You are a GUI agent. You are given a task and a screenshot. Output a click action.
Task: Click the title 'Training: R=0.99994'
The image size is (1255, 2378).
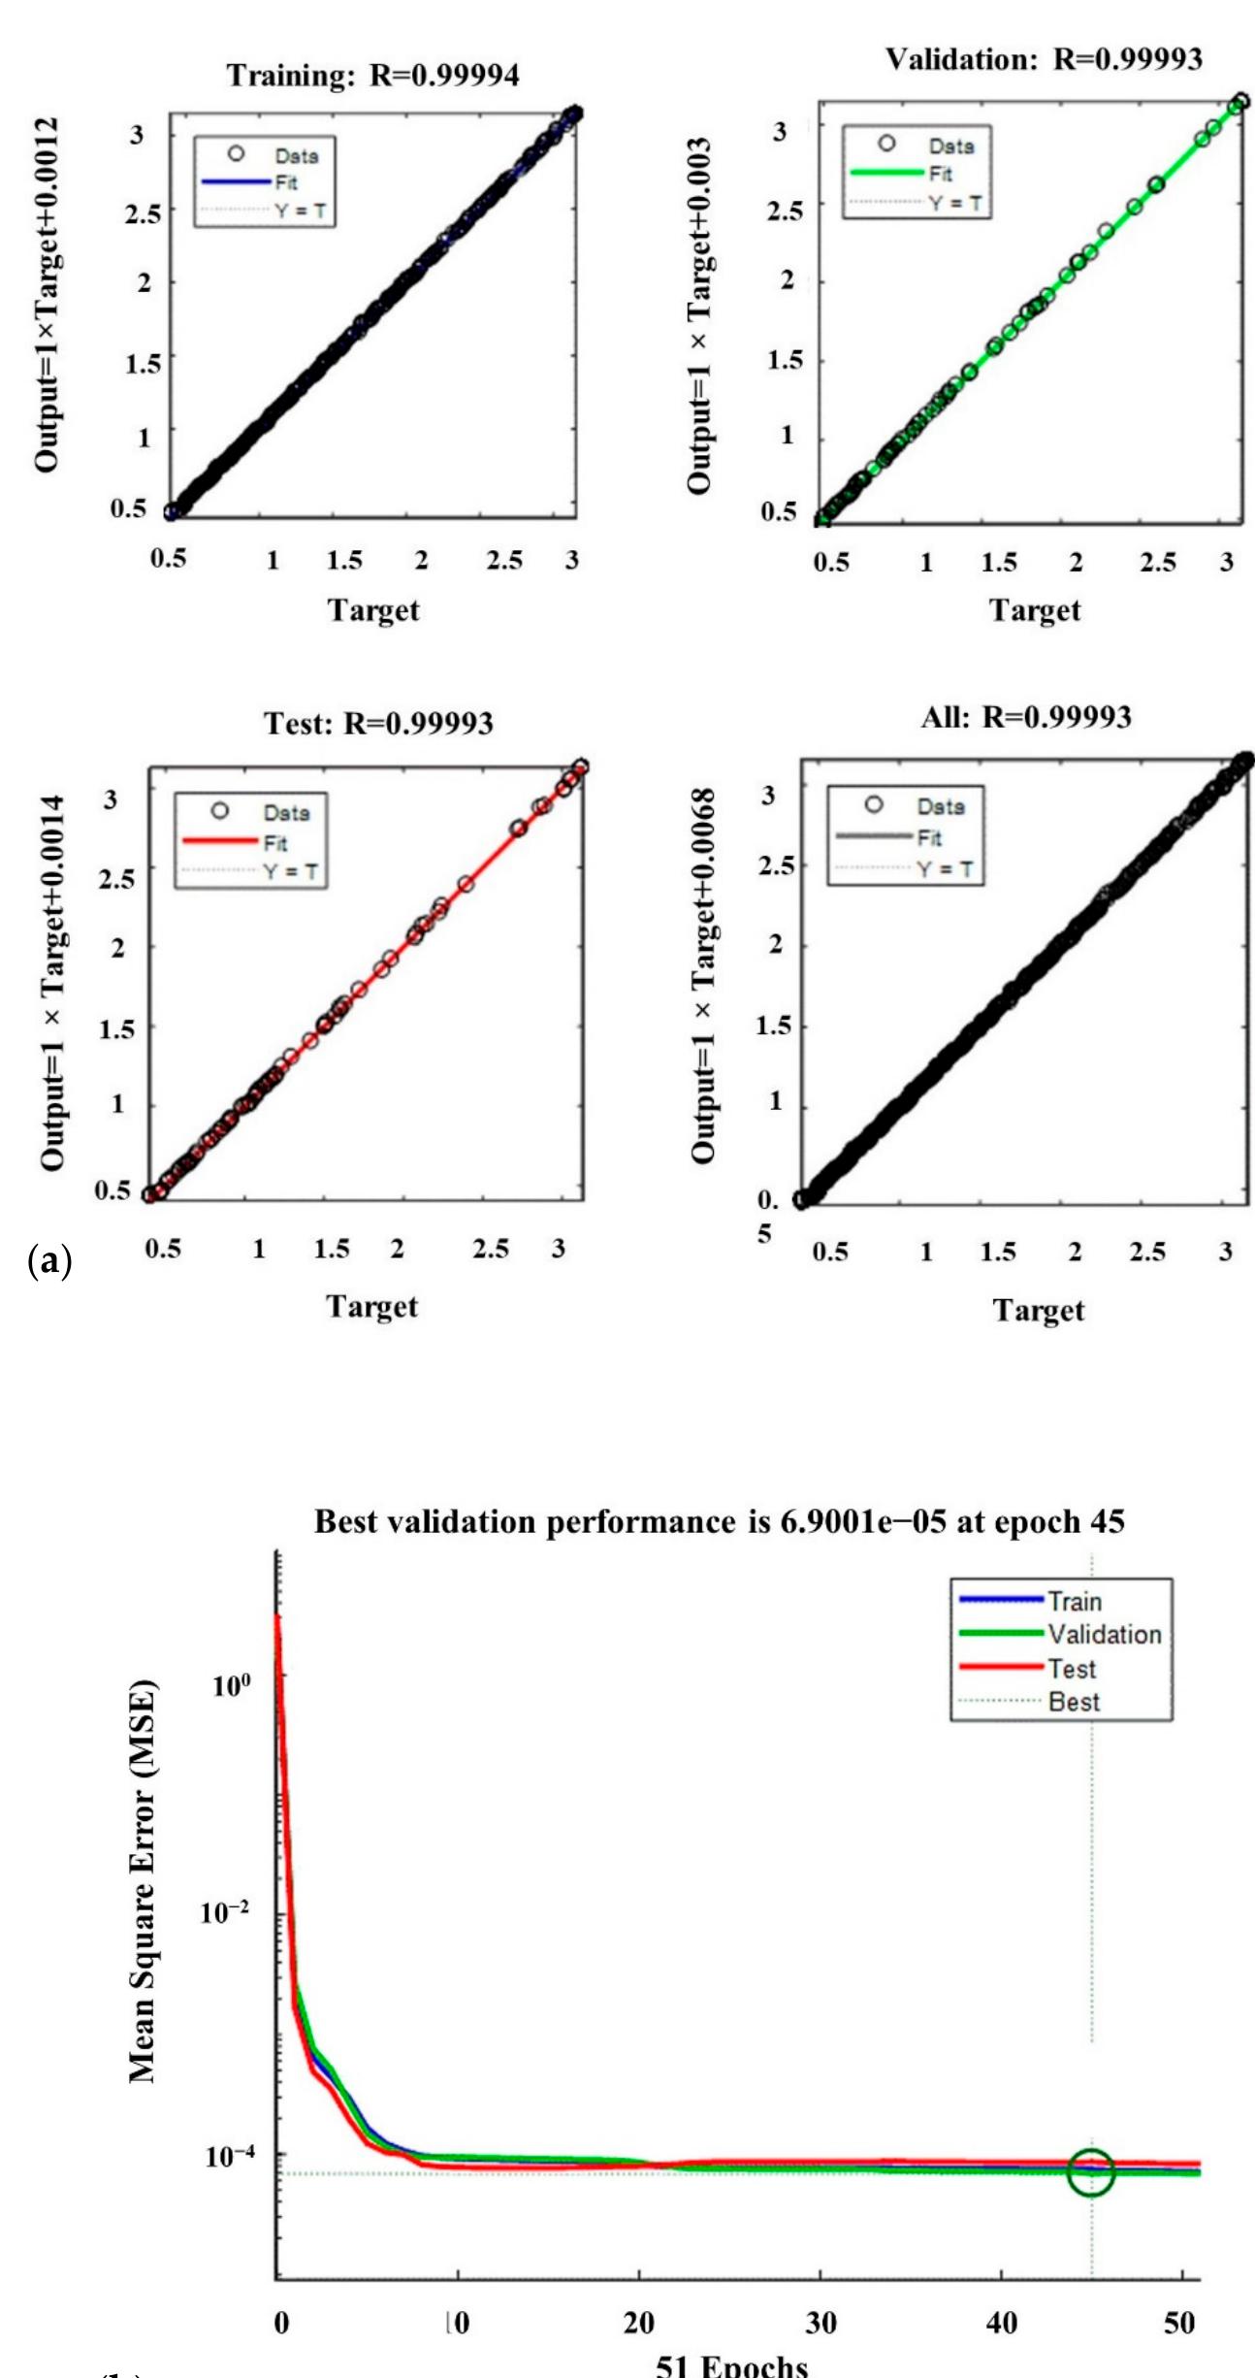pos(373,76)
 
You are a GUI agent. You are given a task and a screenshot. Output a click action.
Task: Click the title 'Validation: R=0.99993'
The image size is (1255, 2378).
pos(1044,60)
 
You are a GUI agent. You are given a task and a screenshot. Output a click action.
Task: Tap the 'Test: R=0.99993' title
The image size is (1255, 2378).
pos(378,724)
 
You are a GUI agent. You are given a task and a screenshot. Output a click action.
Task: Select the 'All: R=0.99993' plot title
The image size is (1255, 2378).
pos(1026,718)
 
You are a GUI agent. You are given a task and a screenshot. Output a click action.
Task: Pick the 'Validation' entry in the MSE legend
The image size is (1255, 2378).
pos(1104,1635)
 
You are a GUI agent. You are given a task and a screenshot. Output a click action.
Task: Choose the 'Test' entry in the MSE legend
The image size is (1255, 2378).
pos(1072,1669)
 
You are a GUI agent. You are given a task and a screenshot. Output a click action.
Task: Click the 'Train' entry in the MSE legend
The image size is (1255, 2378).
pos(1074,1602)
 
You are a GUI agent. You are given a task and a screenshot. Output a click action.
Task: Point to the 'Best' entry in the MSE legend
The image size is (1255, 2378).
pos(1074,1702)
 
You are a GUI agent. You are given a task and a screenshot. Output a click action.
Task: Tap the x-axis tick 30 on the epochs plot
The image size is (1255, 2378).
pos(821,2323)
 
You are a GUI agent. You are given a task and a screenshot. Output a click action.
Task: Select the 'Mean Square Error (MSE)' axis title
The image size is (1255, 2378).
pos(143,1880)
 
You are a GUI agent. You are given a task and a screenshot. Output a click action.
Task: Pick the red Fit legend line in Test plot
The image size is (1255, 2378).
pos(219,841)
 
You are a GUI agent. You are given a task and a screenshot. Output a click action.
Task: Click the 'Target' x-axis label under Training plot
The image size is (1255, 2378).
pos(373,610)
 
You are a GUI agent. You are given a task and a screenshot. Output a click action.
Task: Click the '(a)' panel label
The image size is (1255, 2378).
pos(50,1261)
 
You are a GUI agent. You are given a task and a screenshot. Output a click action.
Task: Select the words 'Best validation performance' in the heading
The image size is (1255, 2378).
pos(524,1521)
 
